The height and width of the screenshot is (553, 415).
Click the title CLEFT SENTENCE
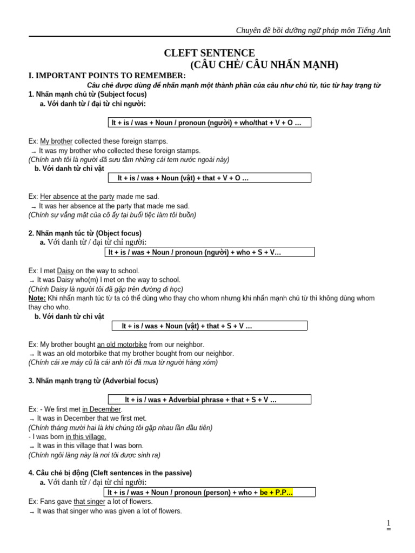click(x=209, y=53)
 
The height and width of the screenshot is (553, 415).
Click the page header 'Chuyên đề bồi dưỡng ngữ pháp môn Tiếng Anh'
click(x=313, y=30)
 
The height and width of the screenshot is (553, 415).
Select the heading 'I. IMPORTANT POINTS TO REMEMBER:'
click(x=107, y=76)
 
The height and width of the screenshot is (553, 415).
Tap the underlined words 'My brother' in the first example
click(x=56, y=141)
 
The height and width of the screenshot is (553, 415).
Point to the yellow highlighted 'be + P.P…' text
click(x=276, y=493)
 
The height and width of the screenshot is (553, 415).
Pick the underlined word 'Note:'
click(x=37, y=298)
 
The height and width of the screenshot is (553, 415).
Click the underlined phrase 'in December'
click(x=102, y=409)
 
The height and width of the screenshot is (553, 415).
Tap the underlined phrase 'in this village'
click(x=86, y=437)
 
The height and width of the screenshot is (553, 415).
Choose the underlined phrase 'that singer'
click(x=90, y=502)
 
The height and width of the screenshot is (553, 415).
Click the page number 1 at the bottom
click(x=388, y=523)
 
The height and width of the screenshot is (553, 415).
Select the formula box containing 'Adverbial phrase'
click(x=209, y=400)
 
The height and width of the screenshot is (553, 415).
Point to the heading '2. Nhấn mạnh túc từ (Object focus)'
click(x=85, y=233)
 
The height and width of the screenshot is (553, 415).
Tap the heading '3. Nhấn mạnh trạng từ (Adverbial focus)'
click(x=93, y=381)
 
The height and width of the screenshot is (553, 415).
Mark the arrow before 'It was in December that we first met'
click(x=32, y=419)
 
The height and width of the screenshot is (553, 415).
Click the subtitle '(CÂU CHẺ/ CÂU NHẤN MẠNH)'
click(x=264, y=65)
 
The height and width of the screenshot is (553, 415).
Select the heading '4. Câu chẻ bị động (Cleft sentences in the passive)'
click(x=110, y=473)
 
